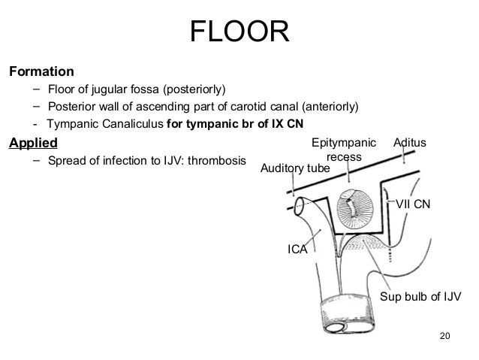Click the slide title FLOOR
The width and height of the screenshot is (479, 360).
(x=239, y=32)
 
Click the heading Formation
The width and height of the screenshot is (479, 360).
(x=41, y=73)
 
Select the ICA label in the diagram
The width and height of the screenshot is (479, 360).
(x=299, y=249)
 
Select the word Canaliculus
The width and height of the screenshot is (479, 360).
(x=131, y=123)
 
